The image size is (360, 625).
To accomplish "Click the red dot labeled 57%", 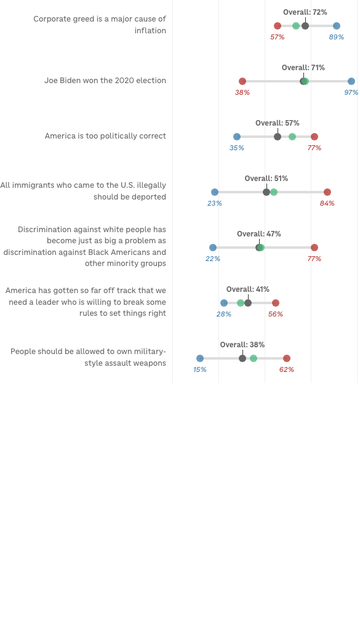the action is click(x=278, y=26).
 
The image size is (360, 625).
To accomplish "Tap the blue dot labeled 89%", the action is click(x=337, y=26).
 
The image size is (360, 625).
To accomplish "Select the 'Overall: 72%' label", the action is click(x=305, y=12).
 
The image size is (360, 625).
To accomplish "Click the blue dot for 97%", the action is click(x=351, y=81).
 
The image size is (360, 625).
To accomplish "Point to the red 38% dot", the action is click(x=242, y=81).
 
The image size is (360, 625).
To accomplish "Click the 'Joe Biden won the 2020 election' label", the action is click(x=105, y=81).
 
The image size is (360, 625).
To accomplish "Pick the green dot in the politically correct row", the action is click(x=292, y=137).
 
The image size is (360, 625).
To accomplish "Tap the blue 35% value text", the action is click(x=236, y=148).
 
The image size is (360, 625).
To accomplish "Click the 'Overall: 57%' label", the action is click(x=278, y=123).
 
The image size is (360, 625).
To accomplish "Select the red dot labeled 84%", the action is click(x=327, y=192).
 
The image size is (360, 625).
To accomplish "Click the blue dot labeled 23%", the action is click(x=215, y=192).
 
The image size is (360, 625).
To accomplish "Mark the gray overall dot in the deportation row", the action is click(x=266, y=192).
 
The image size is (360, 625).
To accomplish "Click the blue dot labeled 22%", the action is click(x=213, y=248).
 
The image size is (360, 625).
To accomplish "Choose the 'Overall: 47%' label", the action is click(x=259, y=234).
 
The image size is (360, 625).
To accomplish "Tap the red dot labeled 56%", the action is click(x=276, y=303).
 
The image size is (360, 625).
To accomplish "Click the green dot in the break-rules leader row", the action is click(x=241, y=303).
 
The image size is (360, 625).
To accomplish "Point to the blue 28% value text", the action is click(x=224, y=314).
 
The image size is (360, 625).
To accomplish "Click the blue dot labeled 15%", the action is click(x=200, y=358).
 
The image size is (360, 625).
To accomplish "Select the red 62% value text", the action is click(x=287, y=369).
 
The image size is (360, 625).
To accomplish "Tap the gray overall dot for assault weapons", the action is click(x=242, y=358).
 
